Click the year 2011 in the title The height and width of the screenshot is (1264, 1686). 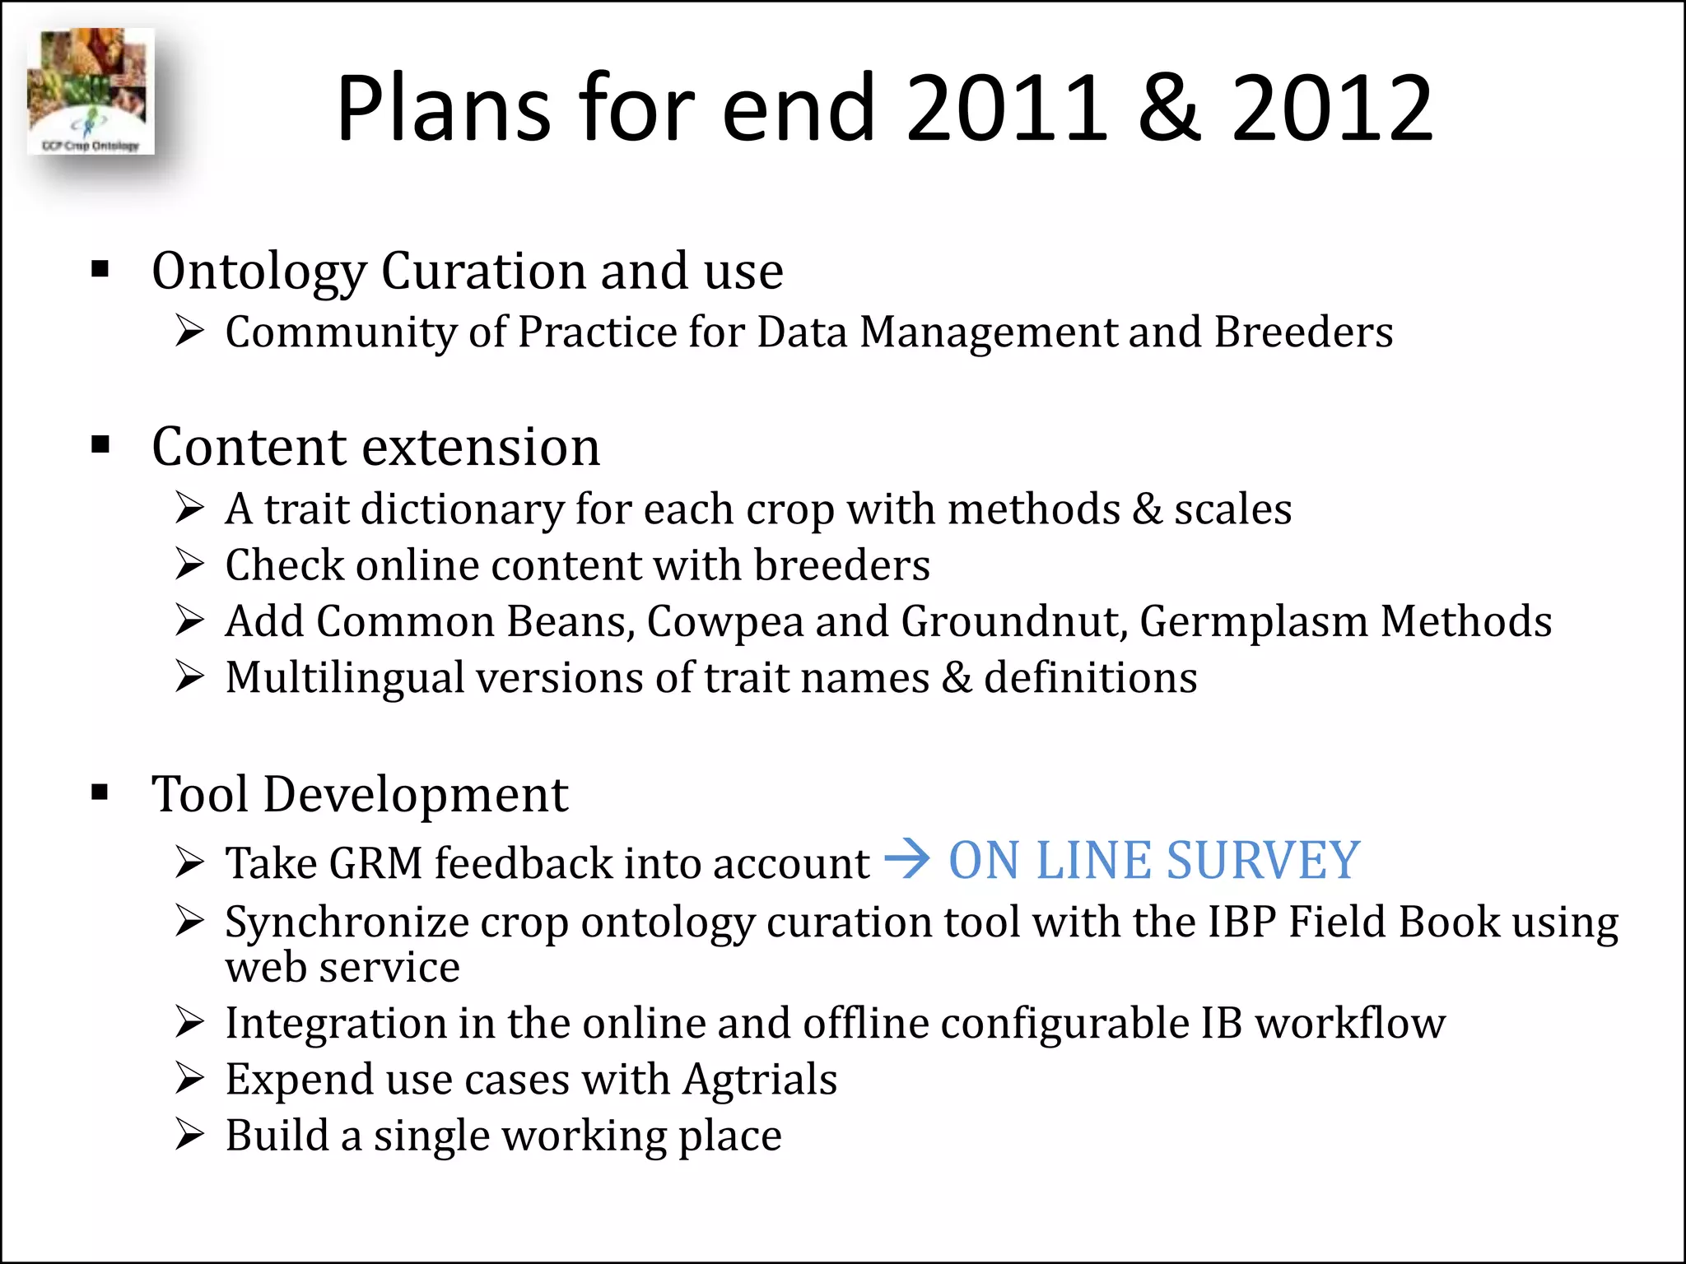coord(1008,108)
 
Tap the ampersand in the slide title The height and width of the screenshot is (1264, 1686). coord(1170,108)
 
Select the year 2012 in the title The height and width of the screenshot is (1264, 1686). coord(1332,108)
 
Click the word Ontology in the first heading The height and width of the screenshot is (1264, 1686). coord(258,272)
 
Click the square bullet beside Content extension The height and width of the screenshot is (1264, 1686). coord(100,445)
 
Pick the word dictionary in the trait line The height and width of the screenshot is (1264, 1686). coord(462,509)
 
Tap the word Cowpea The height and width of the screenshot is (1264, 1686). coord(724,621)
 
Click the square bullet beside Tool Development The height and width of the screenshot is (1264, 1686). coord(100,792)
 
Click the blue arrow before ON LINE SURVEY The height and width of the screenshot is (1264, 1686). coord(906,860)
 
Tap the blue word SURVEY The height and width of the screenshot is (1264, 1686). coord(1263,861)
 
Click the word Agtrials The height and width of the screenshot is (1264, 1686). coord(760,1079)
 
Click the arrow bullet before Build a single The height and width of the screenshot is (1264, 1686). coord(189,1135)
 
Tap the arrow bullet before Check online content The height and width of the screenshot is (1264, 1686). coord(189,565)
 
